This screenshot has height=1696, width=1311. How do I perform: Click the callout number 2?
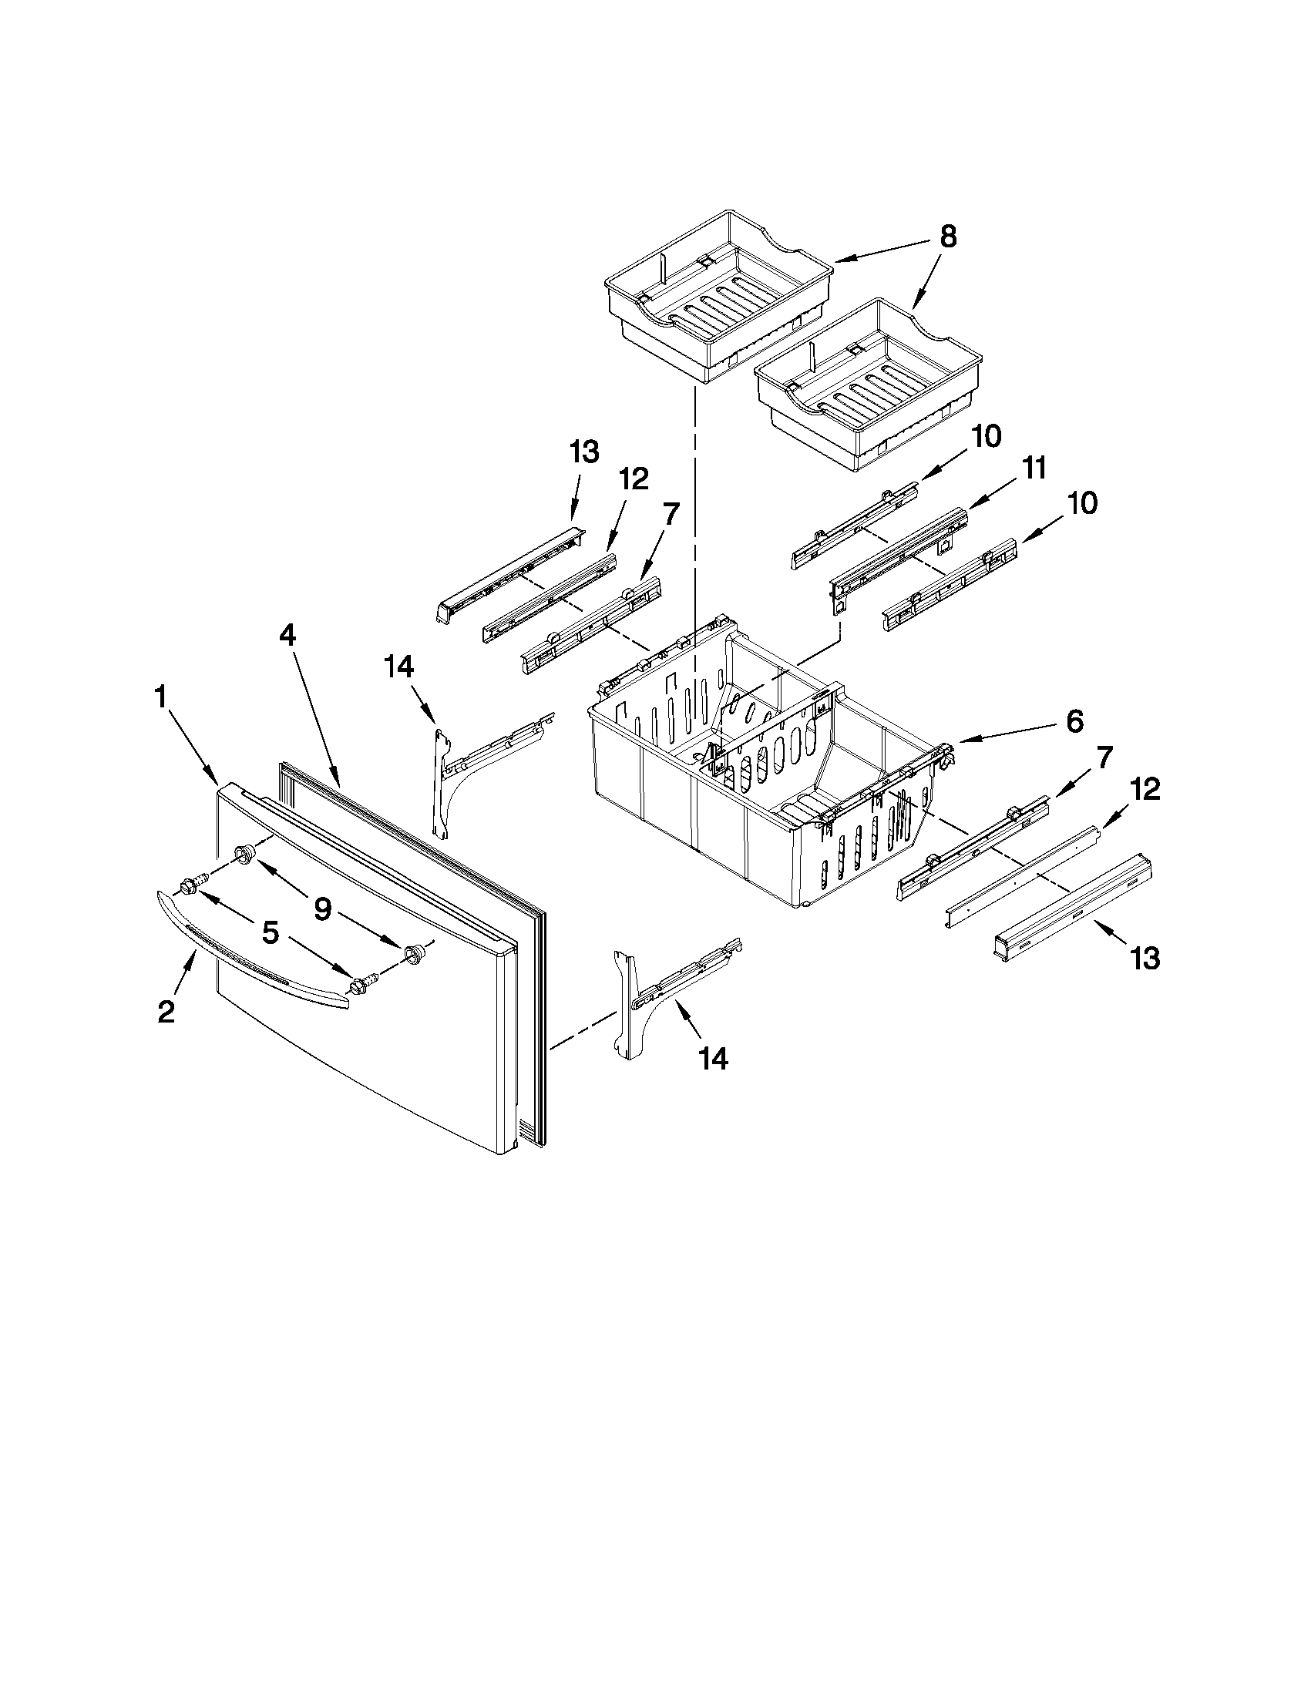tap(166, 1012)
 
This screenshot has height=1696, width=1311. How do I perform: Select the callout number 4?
tap(287, 635)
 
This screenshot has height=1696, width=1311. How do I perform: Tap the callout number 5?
tap(270, 932)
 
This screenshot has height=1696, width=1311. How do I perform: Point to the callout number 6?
tap(1074, 721)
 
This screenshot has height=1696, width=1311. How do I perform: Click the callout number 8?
tap(947, 237)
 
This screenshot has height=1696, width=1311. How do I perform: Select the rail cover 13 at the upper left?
tap(509, 571)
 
